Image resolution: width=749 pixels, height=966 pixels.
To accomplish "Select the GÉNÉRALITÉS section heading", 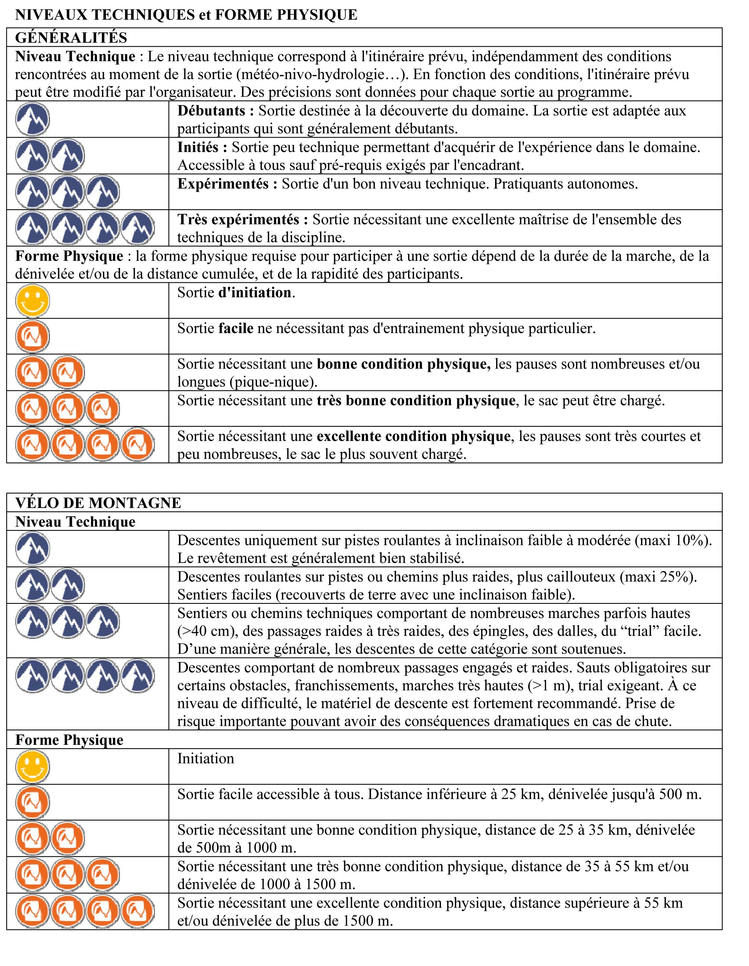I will click(x=71, y=38).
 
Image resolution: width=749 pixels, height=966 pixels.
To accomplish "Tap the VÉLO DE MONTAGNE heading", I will click(x=98, y=503).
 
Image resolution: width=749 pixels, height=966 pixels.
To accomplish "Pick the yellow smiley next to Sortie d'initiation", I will click(x=32, y=301).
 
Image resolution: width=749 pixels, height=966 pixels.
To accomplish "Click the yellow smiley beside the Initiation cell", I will click(x=32, y=766).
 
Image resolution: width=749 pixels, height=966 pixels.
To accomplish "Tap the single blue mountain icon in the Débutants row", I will click(x=32, y=119).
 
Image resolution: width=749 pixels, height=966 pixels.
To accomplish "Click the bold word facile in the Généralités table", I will click(x=236, y=328).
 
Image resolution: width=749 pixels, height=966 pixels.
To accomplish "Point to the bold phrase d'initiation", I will click(x=255, y=292).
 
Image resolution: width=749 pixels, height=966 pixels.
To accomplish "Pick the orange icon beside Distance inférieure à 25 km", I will click(x=32, y=802).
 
